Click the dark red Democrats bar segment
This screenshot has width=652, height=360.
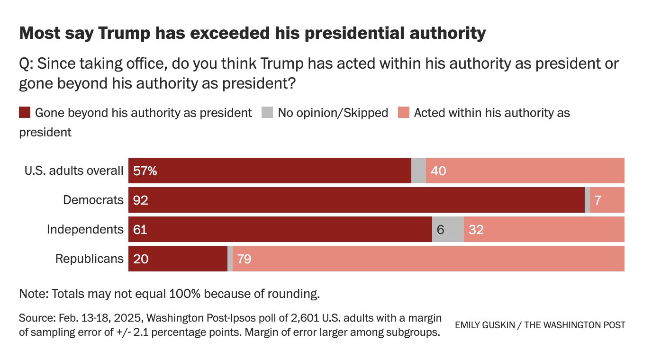coord(356,200)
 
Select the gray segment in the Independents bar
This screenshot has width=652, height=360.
coord(448,229)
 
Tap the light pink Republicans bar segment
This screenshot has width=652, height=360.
coord(428,259)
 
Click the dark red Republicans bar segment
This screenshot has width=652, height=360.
coord(178,259)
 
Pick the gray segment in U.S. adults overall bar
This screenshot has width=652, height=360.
coord(418,171)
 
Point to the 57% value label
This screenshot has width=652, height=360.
coord(145,171)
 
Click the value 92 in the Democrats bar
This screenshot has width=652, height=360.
coord(141,200)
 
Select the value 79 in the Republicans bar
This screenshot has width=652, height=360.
coord(244,259)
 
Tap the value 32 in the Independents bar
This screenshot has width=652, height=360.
coord(476,230)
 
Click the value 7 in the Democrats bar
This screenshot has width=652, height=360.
coord(598,200)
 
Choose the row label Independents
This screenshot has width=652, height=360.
coord(85,230)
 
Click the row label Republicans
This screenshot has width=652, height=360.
coord(90,259)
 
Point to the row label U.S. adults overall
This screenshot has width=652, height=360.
coord(74,171)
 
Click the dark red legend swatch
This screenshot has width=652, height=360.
coord(25,113)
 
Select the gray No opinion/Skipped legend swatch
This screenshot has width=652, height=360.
coord(267,113)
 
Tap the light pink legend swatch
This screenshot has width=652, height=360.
coord(404,113)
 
